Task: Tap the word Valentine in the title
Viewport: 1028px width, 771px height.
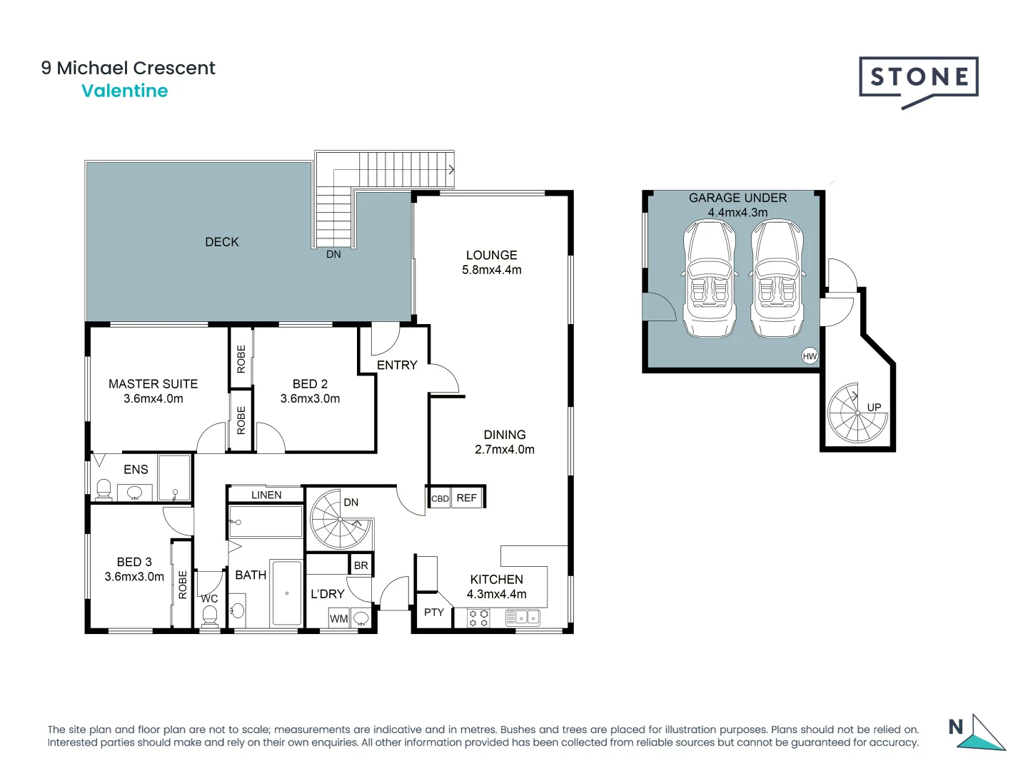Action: pos(125,91)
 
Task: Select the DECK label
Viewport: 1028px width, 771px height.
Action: pos(221,242)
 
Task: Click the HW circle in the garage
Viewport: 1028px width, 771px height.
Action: pos(810,356)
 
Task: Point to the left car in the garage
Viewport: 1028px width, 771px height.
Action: pos(709,278)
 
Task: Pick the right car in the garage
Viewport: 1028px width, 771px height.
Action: pos(777,278)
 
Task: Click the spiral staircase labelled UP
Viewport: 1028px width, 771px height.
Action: pos(857,413)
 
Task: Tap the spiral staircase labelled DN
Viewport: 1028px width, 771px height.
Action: pos(341,519)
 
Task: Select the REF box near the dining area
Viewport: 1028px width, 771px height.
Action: pos(466,498)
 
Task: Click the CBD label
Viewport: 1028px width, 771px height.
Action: pos(440,499)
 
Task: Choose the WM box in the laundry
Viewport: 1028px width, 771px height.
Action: pos(338,618)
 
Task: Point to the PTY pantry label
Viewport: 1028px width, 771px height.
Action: pos(433,613)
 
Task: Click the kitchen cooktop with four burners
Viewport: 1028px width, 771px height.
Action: pos(478,618)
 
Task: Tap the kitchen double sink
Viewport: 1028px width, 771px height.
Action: pos(523,618)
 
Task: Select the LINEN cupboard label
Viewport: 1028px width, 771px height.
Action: pos(266,495)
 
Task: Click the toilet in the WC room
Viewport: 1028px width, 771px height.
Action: pos(209,616)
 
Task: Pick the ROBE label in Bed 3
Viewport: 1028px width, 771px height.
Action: pos(183,585)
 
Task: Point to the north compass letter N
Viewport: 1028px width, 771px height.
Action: pos(955,727)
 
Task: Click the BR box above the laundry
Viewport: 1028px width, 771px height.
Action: pos(361,565)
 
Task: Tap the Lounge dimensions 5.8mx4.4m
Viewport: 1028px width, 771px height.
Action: pos(491,270)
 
